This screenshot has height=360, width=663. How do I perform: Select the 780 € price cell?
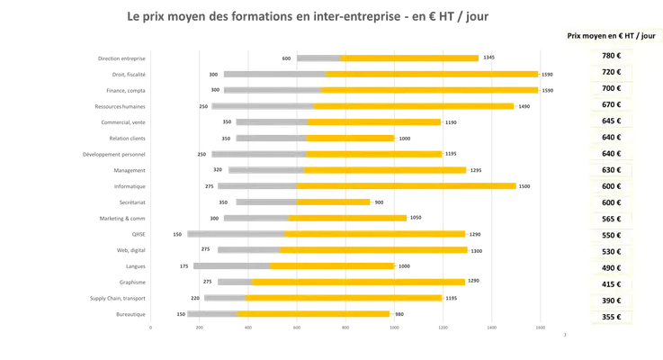pyautogui.click(x=612, y=56)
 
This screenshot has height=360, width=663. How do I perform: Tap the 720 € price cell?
pyautogui.click(x=612, y=72)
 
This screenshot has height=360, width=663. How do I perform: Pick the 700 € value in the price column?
pyautogui.click(x=612, y=88)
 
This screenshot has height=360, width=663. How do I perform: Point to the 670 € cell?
pyautogui.click(x=612, y=104)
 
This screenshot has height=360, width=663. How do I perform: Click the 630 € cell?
pyautogui.click(x=612, y=169)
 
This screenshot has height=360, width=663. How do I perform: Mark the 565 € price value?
pyautogui.click(x=612, y=219)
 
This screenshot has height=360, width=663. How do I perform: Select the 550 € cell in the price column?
pyautogui.click(x=612, y=235)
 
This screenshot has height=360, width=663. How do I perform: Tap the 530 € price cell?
pyautogui.click(x=612, y=251)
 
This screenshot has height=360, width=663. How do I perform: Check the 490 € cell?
pyautogui.click(x=612, y=267)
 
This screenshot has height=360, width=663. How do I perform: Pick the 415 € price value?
pyautogui.click(x=612, y=284)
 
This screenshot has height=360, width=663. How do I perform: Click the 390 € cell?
pyautogui.click(x=612, y=301)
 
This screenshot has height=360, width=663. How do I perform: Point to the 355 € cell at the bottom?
pyautogui.click(x=612, y=317)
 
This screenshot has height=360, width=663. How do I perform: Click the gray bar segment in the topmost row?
pyautogui.click(x=318, y=58)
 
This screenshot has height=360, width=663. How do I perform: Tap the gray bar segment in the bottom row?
pyautogui.click(x=211, y=314)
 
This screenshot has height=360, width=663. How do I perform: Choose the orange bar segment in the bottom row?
pyautogui.click(x=315, y=314)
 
